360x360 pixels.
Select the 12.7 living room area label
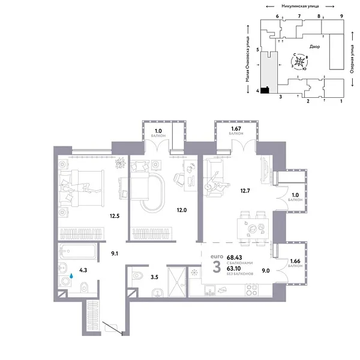pyautogui.click(x=244, y=192)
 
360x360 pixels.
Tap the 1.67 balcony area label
pyautogui.click(x=236, y=131)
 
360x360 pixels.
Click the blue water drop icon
pyautogui.click(x=71, y=277)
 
